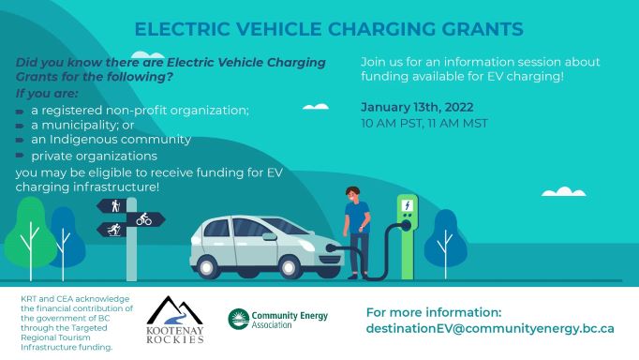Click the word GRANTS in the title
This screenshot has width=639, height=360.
tap(483, 29)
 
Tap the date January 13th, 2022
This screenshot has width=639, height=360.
tap(417, 107)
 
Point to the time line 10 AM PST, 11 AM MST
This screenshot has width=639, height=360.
tap(424, 123)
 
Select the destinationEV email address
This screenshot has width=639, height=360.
tap(490, 329)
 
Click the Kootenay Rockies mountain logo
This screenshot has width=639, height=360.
tap(175, 320)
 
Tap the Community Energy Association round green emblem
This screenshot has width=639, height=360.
tap(238, 319)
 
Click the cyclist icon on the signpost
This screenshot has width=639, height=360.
tap(144, 219)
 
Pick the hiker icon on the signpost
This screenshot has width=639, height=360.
tap(116, 206)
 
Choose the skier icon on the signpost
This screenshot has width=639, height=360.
tap(114, 230)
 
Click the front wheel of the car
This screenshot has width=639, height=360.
tap(289, 267)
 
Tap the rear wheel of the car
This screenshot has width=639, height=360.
tap(207, 267)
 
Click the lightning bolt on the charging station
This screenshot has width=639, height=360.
tap(408, 205)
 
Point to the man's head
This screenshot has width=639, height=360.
tap(352, 194)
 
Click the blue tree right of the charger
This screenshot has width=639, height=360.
tap(445, 244)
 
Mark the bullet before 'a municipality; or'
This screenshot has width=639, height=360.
tap(20, 126)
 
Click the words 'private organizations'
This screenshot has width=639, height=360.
tap(94, 157)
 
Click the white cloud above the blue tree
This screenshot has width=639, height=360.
tap(564, 191)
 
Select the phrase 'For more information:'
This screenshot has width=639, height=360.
tap(434, 313)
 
